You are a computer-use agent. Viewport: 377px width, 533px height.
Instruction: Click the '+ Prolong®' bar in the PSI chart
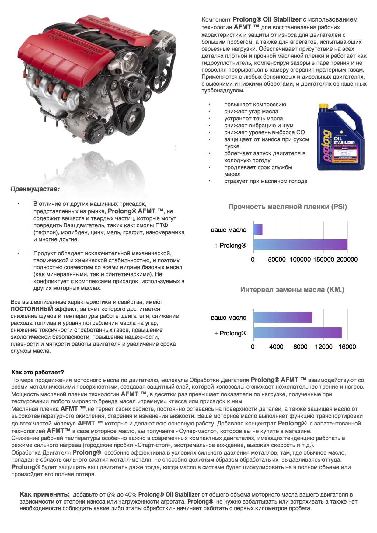click(300, 245)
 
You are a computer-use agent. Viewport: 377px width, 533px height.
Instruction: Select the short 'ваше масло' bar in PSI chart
click(258, 229)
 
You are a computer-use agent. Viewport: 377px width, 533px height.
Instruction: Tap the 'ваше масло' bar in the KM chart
click(282, 317)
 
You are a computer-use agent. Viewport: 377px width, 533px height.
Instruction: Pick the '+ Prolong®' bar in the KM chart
click(297, 333)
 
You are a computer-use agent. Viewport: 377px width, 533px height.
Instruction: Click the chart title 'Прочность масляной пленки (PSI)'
click(288, 207)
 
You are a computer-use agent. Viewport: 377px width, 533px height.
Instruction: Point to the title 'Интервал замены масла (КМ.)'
click(292, 290)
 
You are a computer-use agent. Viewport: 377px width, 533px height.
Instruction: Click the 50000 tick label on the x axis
click(277, 260)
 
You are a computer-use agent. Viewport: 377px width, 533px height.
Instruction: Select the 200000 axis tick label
click(347, 260)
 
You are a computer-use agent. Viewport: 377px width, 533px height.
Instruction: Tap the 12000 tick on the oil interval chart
click(323, 347)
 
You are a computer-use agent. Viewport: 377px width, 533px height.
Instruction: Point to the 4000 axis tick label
click(276, 347)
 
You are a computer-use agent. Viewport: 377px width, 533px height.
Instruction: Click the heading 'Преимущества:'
click(35, 189)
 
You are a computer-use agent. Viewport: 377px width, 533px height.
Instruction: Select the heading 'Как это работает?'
click(38, 372)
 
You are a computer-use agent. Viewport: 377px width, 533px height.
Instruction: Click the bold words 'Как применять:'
click(45, 494)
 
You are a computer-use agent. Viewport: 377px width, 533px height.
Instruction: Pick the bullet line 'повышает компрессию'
click(255, 105)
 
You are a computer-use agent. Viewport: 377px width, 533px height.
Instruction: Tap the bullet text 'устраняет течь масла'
click(253, 119)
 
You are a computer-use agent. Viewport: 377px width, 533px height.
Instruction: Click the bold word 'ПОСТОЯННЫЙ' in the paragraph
click(32, 309)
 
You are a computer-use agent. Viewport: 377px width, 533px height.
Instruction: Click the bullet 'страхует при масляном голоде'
click(266, 181)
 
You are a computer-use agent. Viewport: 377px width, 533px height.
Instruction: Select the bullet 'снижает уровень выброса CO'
click(264, 132)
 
